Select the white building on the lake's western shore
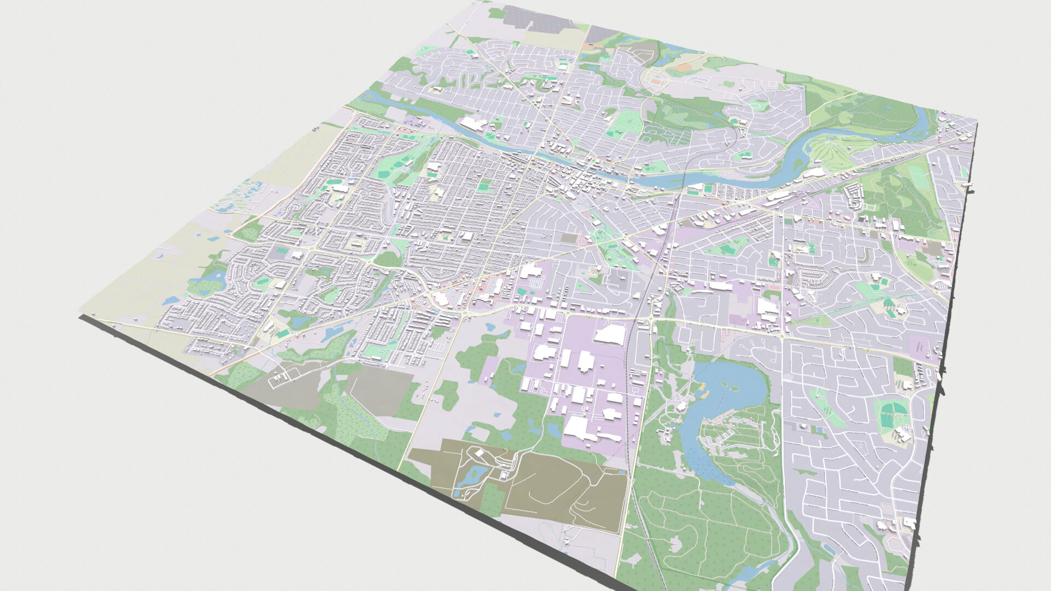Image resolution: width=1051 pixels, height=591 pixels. pos(682,405)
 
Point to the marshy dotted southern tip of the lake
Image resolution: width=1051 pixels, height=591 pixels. pos(706,465)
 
